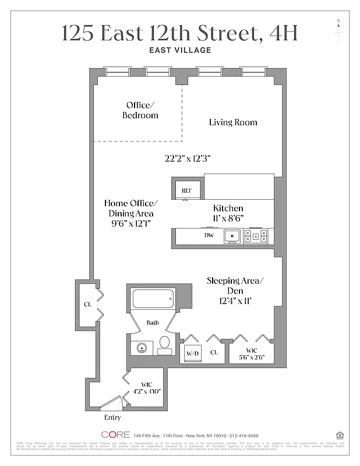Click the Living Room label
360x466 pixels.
pyautogui.click(x=233, y=122)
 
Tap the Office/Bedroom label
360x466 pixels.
pyautogui.click(x=140, y=110)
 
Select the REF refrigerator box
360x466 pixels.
pyautogui.click(x=186, y=190)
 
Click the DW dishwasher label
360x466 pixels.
pyautogui.click(x=209, y=236)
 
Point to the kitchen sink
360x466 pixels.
pyautogui.click(x=234, y=236)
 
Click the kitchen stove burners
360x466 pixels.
pyautogui.click(x=256, y=236)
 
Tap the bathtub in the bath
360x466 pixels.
pyautogui.click(x=153, y=299)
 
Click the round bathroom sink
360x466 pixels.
pyautogui.click(x=142, y=348)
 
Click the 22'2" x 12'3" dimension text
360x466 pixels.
pyautogui.click(x=186, y=158)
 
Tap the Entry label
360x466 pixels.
pyautogui.click(x=112, y=418)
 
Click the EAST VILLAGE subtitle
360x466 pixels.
pyautogui.click(x=179, y=50)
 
